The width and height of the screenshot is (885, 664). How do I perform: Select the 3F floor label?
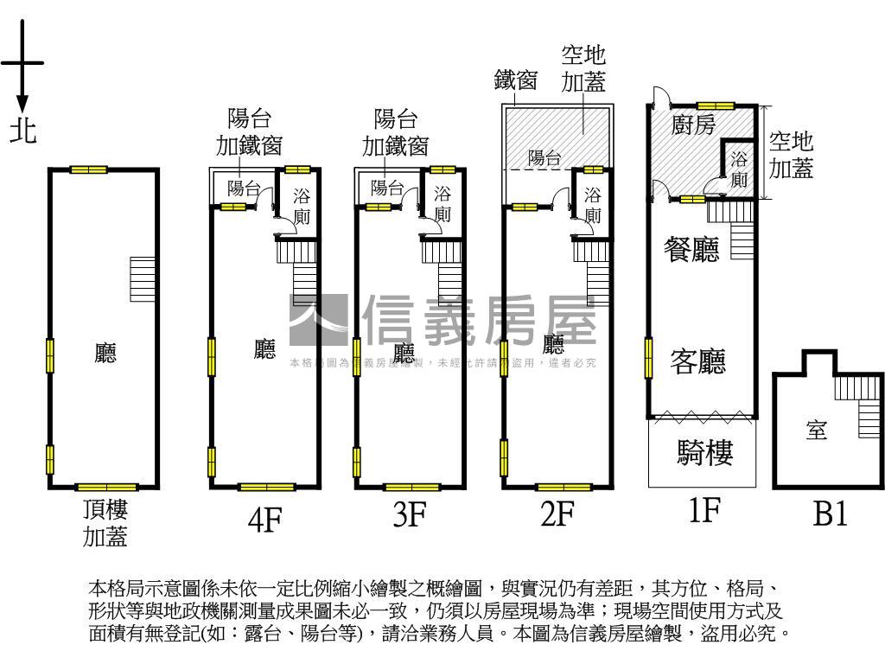(x=410, y=515)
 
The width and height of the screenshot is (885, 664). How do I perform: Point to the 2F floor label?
(x=557, y=515)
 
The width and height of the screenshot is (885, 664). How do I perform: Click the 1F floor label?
(x=704, y=511)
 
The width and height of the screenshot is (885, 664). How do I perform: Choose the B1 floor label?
(x=830, y=515)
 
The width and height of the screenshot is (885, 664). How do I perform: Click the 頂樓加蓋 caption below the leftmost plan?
(x=105, y=523)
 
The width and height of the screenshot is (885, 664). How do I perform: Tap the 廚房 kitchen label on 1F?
(x=694, y=125)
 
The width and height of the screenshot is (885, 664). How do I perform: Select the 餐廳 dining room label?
(x=691, y=250)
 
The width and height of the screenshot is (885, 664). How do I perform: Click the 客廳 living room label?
(x=697, y=361)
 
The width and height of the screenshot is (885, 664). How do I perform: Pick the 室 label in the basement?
(x=817, y=430)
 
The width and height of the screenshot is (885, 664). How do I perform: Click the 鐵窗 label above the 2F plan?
(x=516, y=80)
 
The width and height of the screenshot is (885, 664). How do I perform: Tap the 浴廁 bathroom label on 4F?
(x=301, y=206)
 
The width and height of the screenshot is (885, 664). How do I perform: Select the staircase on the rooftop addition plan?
(x=142, y=279)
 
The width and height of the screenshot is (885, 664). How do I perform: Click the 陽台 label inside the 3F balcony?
(x=387, y=187)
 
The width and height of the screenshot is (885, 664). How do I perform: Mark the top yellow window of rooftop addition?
(x=89, y=169)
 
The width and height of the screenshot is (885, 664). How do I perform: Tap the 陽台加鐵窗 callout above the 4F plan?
(x=249, y=131)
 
